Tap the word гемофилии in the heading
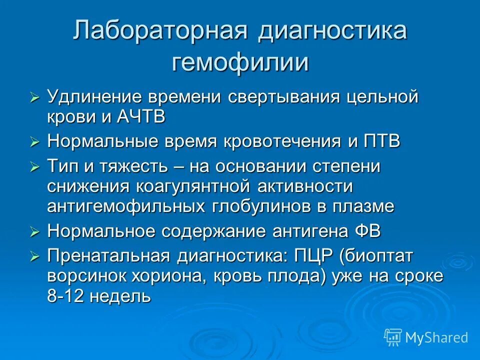point(240,63)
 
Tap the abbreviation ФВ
point(368,231)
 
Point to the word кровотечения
point(284,141)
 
